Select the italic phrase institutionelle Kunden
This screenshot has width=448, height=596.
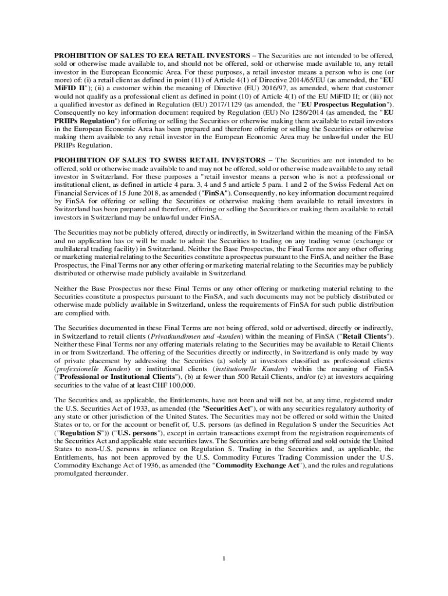[x=250, y=369]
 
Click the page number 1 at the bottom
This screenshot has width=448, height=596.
[x=223, y=559]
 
